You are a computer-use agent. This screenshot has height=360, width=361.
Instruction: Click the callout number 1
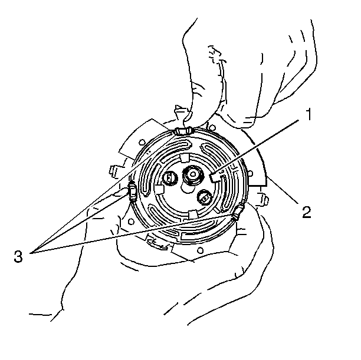click(x=309, y=114)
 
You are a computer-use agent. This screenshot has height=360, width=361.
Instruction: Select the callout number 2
click(x=306, y=212)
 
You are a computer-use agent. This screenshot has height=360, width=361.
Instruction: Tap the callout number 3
click(x=18, y=256)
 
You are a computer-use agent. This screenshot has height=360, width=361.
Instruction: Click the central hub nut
click(x=193, y=175)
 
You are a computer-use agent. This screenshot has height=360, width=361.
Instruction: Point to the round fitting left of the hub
click(x=170, y=178)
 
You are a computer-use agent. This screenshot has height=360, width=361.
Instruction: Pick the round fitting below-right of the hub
click(x=205, y=197)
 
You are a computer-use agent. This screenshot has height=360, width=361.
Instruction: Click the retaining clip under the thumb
click(x=183, y=131)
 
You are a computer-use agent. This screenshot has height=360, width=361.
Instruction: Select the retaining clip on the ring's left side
click(x=133, y=190)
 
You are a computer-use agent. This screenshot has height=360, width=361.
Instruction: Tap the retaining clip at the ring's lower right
click(x=238, y=212)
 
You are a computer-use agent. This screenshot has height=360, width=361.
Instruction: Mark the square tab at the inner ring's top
click(x=185, y=158)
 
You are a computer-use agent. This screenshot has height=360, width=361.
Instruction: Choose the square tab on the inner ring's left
click(x=159, y=189)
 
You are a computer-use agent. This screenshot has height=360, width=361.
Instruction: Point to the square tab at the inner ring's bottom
click(x=193, y=214)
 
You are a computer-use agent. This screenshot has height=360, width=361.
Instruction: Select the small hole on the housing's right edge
click(x=250, y=173)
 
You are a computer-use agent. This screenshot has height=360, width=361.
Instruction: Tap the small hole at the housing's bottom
click(x=201, y=250)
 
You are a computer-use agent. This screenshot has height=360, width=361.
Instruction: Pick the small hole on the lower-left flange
click(x=131, y=222)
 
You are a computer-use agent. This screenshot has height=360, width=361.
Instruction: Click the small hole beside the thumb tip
click(x=212, y=127)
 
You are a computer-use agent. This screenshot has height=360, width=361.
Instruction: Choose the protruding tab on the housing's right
click(x=262, y=199)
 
